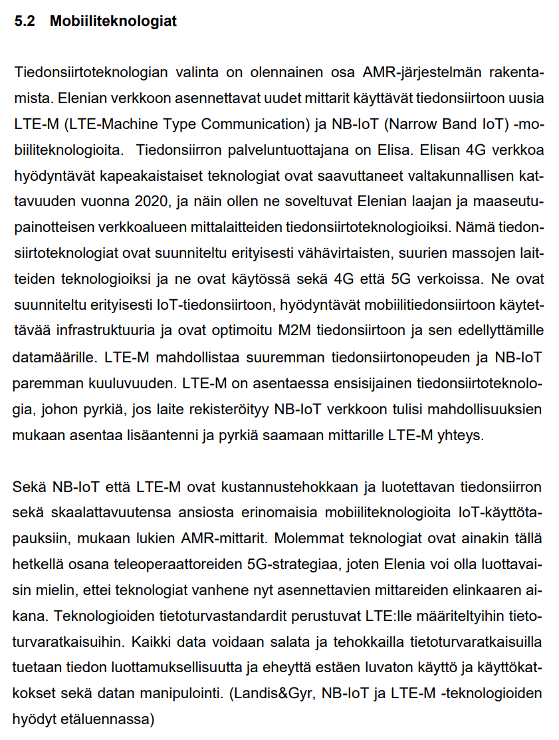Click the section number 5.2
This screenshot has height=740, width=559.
point(24,21)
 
